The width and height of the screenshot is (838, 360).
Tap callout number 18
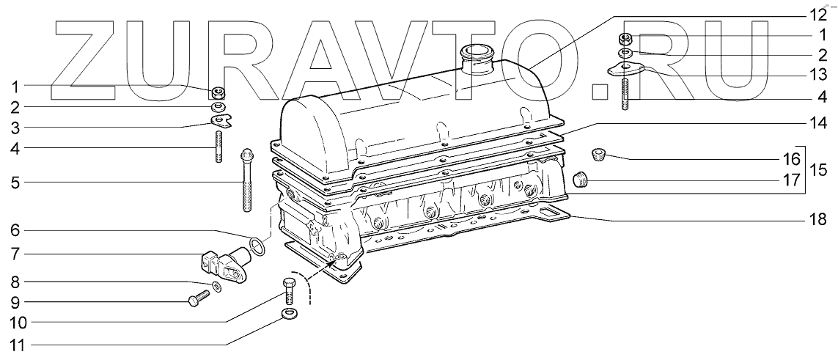pyautogui.click(x=817, y=219)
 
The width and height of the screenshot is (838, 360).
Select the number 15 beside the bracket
pyautogui.click(x=817, y=170)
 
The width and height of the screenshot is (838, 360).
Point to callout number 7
pyautogui.click(x=15, y=254)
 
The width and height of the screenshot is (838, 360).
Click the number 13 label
pyautogui.click(x=817, y=75)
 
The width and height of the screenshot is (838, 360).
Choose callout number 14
pyautogui.click(x=817, y=122)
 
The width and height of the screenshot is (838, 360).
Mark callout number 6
pyautogui.click(x=15, y=231)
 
